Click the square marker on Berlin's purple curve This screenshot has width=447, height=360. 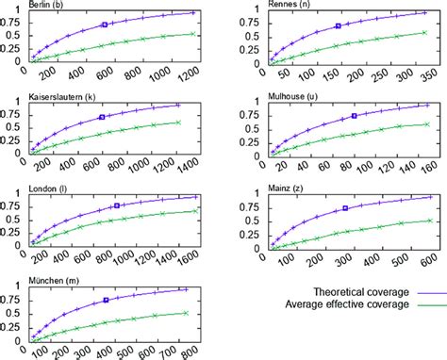tap(104, 25)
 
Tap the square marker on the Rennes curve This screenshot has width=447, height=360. tap(338, 26)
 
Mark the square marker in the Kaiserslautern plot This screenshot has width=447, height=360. tap(101, 117)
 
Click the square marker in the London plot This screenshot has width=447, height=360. tap(116, 205)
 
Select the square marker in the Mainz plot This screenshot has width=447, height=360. tap(345, 208)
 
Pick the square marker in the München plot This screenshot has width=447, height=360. tap(106, 299)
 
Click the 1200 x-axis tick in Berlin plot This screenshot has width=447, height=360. tap(190, 73)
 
